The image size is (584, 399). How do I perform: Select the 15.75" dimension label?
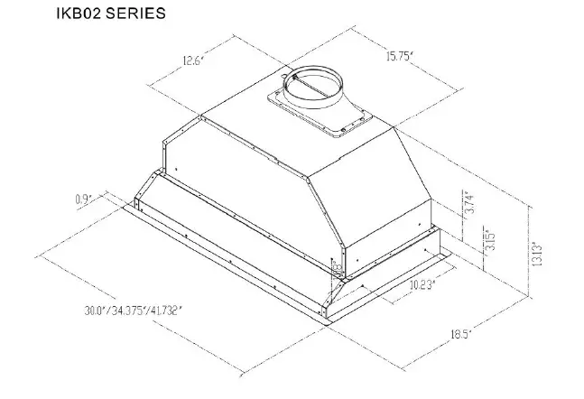pos(394,57)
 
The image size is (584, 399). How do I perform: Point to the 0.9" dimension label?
pos(86,199)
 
